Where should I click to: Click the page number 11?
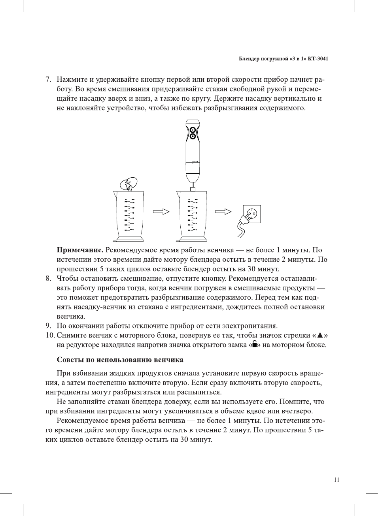tap(336, 480)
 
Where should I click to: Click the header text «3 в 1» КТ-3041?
tap(309, 59)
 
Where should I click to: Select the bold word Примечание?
tap(80, 250)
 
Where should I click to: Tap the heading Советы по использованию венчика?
tap(120, 360)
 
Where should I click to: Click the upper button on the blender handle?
tap(193, 130)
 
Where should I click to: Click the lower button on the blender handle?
tap(193, 137)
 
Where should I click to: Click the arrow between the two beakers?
tap(161, 212)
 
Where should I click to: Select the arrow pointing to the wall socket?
tap(223, 212)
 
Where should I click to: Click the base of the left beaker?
tap(129, 238)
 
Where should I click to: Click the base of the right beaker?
tap(192, 238)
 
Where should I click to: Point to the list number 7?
tap(48, 79)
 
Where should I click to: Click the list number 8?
tap(48, 278)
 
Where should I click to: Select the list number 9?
tap(48, 326)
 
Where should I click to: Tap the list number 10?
tap(50, 335)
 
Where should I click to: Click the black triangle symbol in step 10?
tap(320, 336)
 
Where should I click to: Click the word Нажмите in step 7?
tap(72, 79)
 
